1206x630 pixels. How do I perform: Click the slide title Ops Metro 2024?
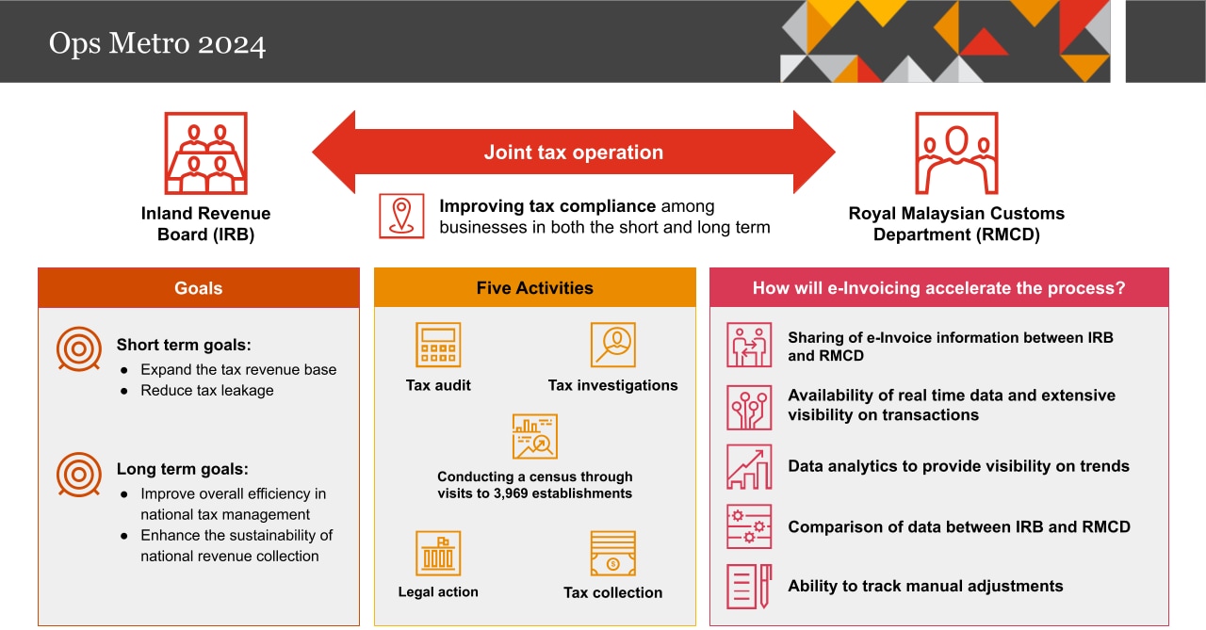157,44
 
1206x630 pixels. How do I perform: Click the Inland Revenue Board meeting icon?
206,153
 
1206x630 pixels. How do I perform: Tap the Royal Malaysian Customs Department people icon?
956,153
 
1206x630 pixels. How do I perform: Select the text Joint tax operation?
573,153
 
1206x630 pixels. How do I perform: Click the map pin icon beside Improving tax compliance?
402,216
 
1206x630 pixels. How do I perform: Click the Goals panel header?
199,288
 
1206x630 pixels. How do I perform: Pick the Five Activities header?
535,288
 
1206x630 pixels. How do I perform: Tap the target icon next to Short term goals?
79,349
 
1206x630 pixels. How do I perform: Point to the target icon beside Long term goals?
79,474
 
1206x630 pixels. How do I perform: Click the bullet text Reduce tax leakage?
207,390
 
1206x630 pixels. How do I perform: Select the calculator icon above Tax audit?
438,345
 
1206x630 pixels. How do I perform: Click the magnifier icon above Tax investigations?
612,345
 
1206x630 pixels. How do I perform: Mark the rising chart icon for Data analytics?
749,467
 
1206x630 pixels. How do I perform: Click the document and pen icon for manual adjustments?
749,586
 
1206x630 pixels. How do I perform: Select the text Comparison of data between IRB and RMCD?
959,526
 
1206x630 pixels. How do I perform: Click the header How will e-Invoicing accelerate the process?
938,288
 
